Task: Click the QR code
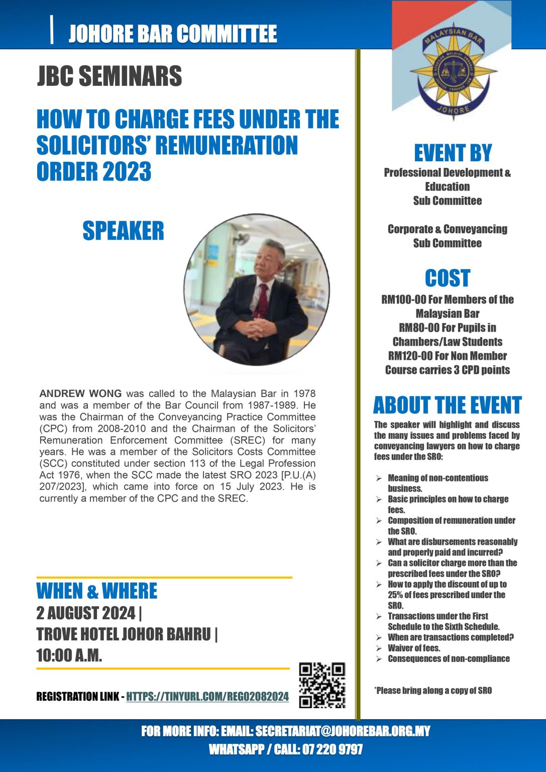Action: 322,685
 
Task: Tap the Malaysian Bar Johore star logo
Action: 453,70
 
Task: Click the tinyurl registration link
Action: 207,697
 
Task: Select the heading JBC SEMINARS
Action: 110,76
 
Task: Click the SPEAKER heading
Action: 123,231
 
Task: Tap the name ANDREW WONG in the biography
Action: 80,394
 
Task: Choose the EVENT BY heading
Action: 453,153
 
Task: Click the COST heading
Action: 447,278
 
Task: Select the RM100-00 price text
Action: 404,300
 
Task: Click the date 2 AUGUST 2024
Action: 86,613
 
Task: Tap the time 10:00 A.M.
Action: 69,655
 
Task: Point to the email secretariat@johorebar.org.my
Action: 343,731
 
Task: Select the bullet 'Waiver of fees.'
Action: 413,648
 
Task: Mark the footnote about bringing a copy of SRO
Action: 433,691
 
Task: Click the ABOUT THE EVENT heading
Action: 447,405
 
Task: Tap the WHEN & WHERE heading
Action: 97,591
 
